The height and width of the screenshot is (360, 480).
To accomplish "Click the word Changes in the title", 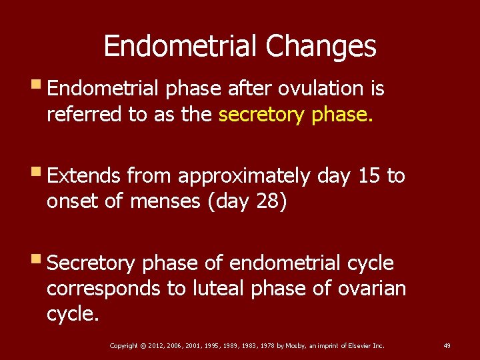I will tap(321, 47).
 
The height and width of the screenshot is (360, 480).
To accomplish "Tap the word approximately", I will tap(244, 176).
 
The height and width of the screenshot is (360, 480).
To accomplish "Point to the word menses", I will tap(169, 202).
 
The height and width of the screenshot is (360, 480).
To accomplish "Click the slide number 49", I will tap(447, 345).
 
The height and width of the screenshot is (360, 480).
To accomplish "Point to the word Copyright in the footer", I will tap(124, 345).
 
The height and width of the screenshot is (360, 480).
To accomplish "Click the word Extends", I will tap(85, 176).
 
